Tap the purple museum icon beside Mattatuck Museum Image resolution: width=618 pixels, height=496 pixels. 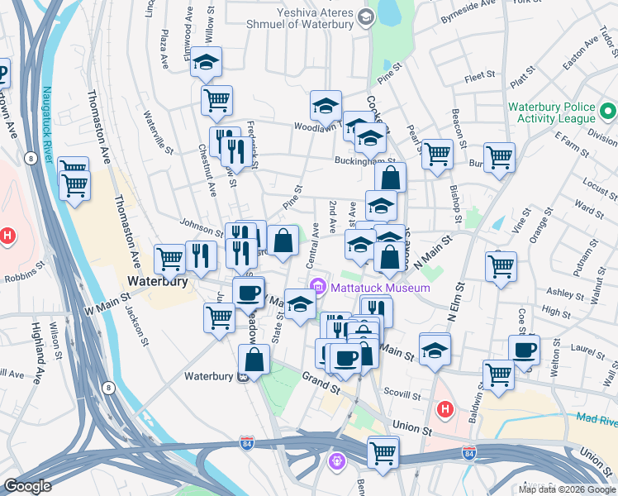pyautogui.click(x=318, y=288)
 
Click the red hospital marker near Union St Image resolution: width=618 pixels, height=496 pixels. pyautogui.click(x=444, y=408)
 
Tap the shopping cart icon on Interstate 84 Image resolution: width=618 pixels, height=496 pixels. pyautogui.click(x=383, y=451)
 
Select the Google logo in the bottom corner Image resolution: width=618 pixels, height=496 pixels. pyautogui.click(x=27, y=486)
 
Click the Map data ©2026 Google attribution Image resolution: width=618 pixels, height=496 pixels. pyautogui.click(x=567, y=489)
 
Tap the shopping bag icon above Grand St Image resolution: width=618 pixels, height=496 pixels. pyautogui.click(x=254, y=360)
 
